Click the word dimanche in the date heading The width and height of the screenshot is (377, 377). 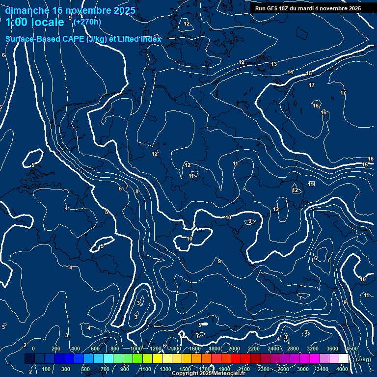[27, 10]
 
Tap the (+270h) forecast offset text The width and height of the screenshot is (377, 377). [87, 22]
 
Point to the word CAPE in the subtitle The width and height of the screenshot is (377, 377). [72, 39]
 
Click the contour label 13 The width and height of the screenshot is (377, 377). [274, 64]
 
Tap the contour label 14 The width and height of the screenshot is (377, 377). [290, 73]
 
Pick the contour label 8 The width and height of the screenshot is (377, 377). [137, 192]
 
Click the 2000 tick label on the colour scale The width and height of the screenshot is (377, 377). [234, 349]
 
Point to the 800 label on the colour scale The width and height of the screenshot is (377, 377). [115, 349]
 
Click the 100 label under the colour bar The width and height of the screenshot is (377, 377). [46, 369]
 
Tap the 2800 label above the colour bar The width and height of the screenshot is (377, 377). [293, 349]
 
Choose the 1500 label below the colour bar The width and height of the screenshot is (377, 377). [185, 369]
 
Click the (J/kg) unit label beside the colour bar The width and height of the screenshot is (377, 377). [363, 360]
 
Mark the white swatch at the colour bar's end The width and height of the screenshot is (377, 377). [344, 359]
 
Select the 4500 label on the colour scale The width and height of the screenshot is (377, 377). [351, 349]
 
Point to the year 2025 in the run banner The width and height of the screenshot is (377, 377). [353, 8]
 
